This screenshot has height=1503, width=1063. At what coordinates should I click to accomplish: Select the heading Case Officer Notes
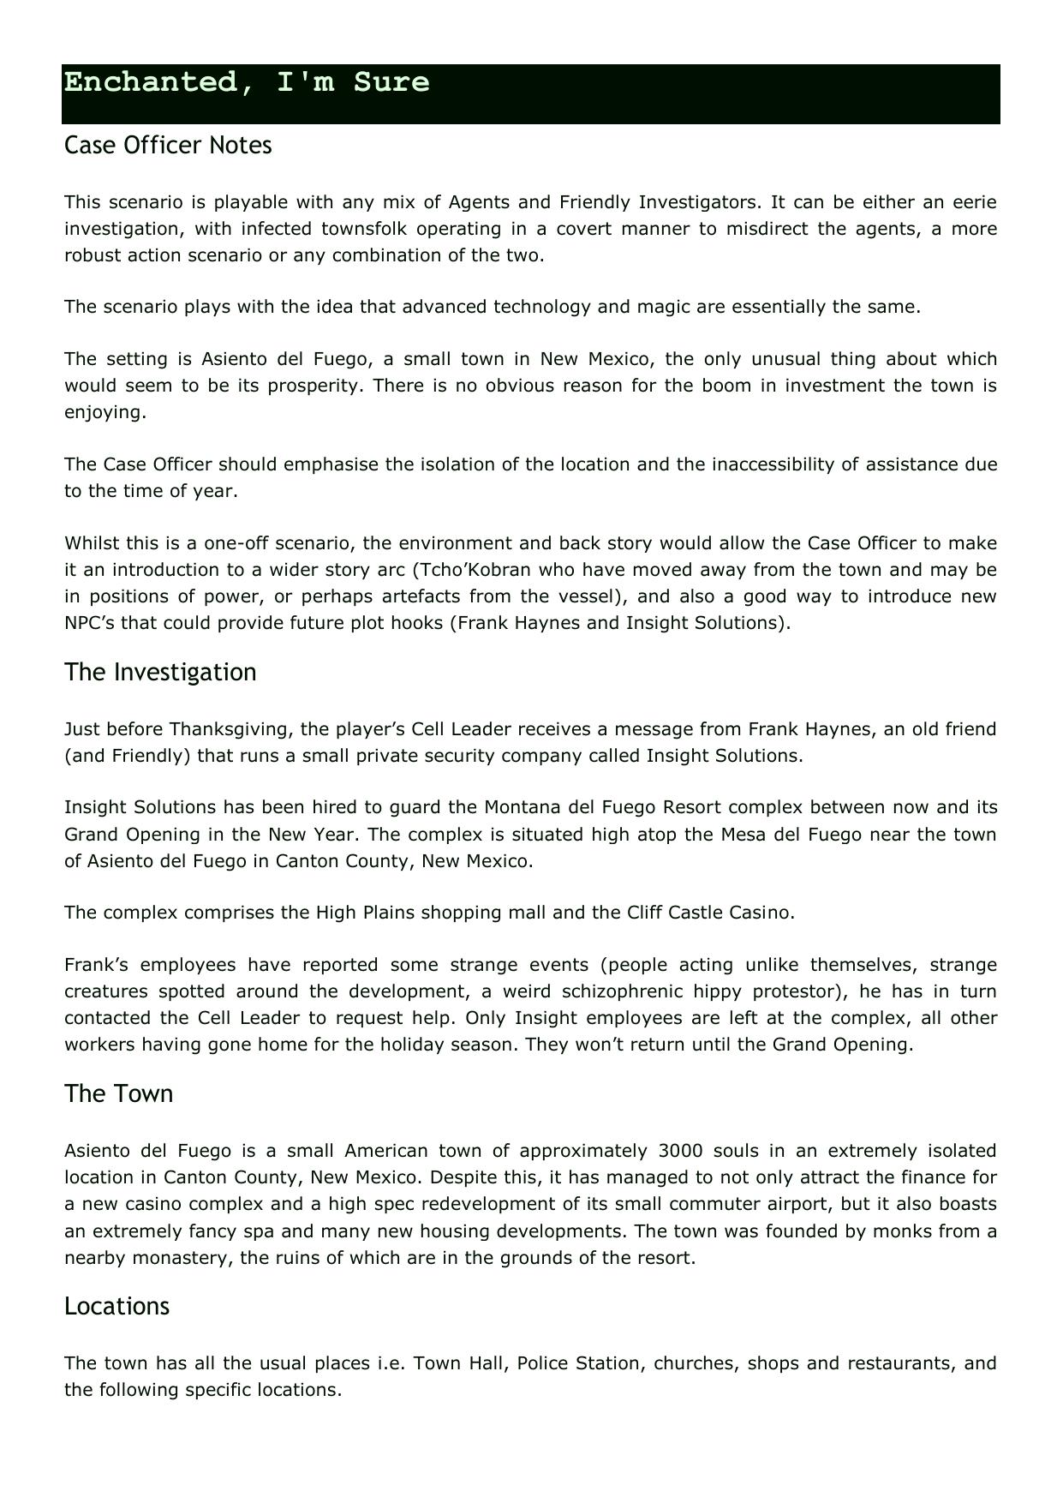[x=168, y=146]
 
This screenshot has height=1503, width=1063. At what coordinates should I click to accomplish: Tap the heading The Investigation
[x=160, y=672]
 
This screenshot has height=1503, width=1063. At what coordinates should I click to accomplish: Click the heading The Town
[x=118, y=1093]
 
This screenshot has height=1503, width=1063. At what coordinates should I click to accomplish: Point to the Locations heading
[x=116, y=1306]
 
